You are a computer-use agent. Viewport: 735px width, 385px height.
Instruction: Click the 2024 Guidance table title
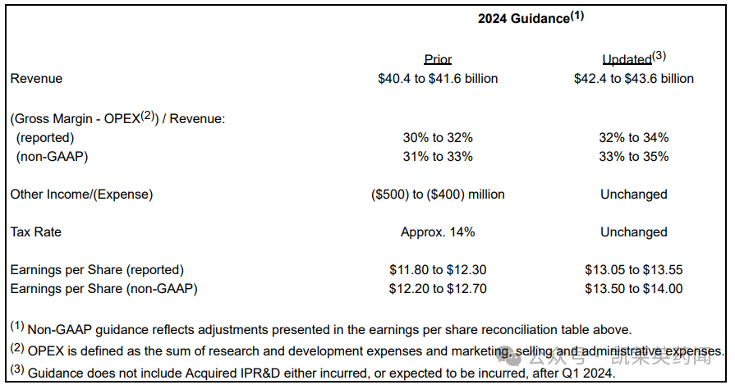click(x=530, y=18)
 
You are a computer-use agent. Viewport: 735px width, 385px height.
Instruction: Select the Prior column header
click(x=438, y=59)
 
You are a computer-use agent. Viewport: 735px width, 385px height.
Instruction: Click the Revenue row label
click(x=36, y=79)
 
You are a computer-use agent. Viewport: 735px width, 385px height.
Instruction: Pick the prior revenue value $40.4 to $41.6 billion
click(x=438, y=79)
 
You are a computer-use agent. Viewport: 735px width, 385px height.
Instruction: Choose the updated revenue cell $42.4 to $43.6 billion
click(x=633, y=79)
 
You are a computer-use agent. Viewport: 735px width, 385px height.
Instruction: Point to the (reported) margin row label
click(x=45, y=138)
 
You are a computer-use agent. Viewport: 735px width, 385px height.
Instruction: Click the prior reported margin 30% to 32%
click(x=438, y=138)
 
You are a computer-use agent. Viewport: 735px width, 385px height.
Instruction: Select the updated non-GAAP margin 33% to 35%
click(x=633, y=157)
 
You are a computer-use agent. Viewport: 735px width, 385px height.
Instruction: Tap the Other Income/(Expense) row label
click(x=81, y=195)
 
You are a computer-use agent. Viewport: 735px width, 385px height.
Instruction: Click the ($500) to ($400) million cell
click(x=438, y=195)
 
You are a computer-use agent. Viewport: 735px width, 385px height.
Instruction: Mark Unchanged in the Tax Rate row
click(x=633, y=232)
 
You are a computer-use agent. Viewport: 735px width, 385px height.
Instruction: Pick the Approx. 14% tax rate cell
click(x=438, y=232)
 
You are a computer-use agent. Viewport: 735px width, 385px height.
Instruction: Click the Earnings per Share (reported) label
click(x=97, y=270)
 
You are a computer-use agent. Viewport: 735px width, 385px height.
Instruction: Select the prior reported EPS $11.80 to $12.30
click(x=438, y=270)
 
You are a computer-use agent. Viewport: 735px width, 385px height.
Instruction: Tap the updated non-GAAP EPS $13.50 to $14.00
click(x=633, y=289)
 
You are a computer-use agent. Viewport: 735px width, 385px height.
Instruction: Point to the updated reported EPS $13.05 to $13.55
click(x=633, y=270)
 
